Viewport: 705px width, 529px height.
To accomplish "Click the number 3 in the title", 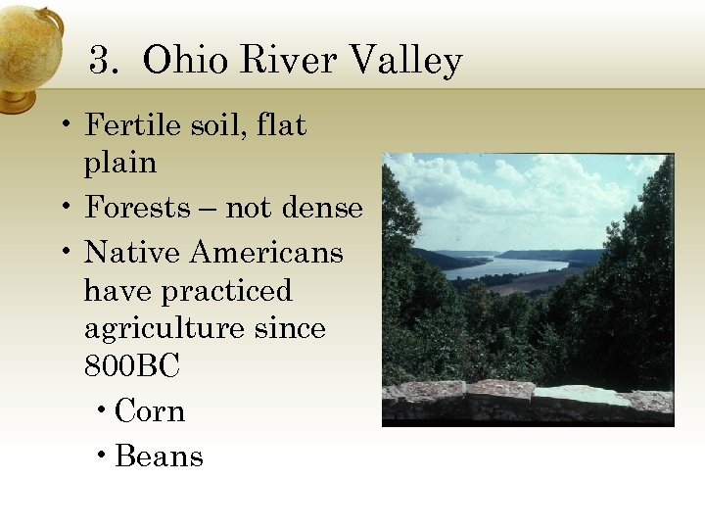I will pos(99,62).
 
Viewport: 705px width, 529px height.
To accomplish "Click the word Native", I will pos(133,253).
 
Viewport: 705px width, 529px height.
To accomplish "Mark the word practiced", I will pos(227,292).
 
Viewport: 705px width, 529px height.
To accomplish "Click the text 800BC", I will pos(132,367).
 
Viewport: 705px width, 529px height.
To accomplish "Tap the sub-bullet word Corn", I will pos(150,411).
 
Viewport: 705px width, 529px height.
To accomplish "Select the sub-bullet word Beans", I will pos(159,457).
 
